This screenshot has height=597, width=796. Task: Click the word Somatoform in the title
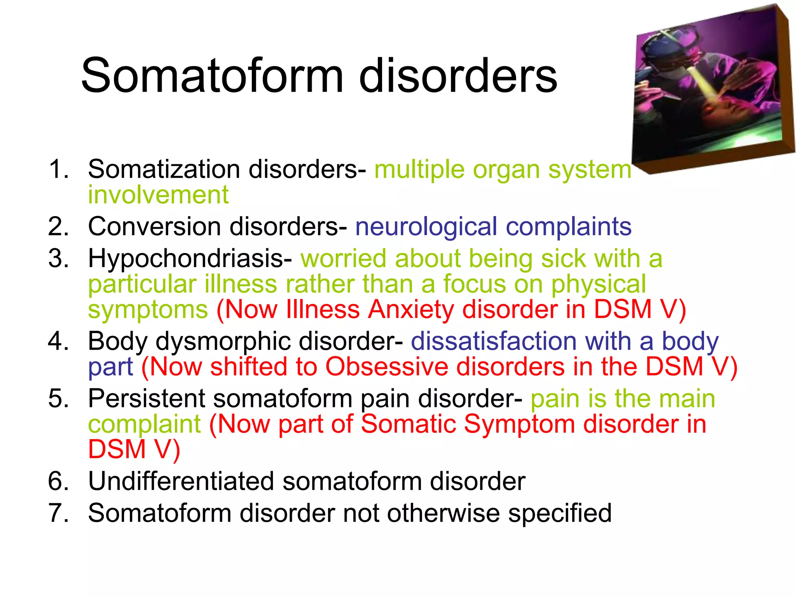[x=212, y=75]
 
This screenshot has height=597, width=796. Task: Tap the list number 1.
[x=59, y=169]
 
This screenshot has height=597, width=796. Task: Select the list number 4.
[x=59, y=341]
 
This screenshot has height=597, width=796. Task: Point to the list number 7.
[x=59, y=513]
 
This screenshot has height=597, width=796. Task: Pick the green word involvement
[x=158, y=195]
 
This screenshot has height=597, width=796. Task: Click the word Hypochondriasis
[x=190, y=258]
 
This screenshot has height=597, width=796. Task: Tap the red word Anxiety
[x=411, y=310]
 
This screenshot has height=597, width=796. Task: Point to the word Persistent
[x=147, y=399]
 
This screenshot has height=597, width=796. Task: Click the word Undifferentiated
[x=181, y=481]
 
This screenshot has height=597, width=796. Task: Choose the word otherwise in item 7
[x=443, y=513]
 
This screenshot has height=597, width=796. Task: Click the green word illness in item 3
[x=241, y=284]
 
